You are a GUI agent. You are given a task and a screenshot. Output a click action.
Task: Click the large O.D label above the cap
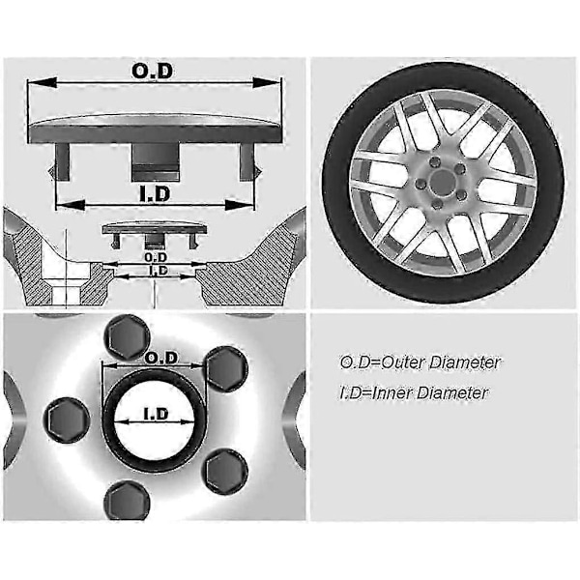(x=152, y=71)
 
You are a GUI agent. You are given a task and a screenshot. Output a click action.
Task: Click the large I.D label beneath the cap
(x=155, y=194)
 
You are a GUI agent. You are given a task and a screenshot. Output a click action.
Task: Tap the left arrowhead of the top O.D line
(x=43, y=82)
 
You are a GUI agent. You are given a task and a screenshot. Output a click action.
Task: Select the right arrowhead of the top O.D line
(x=266, y=83)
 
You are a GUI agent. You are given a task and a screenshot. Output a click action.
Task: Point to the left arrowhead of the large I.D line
(x=70, y=205)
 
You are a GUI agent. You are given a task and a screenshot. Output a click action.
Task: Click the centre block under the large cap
(x=156, y=162)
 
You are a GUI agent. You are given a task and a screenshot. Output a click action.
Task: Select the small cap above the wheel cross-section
(x=155, y=235)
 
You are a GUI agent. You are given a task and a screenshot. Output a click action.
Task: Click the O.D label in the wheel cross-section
(x=156, y=257)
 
